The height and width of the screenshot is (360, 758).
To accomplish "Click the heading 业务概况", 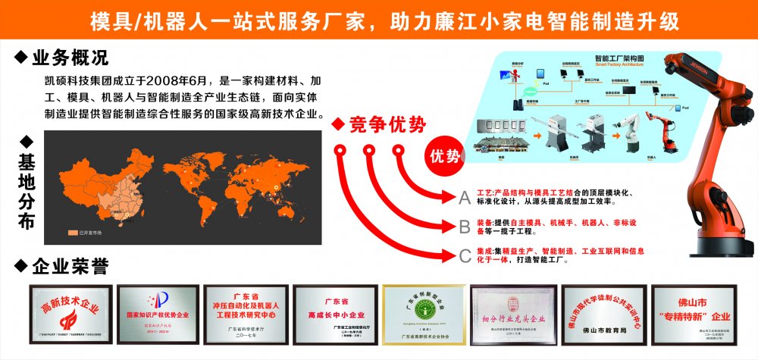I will pos(70,58).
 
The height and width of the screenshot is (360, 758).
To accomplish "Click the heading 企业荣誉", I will pos(70,266).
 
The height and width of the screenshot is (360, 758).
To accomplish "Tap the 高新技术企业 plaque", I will pos(69,312).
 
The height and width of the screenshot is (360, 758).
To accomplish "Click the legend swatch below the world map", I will pos(73,233).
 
